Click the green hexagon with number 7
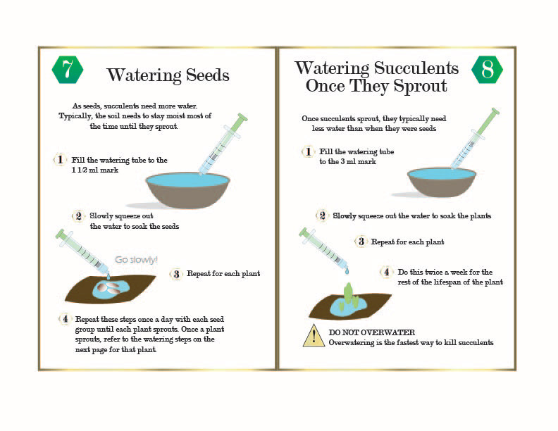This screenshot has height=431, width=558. [x=68, y=70]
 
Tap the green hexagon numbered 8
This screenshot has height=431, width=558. [x=487, y=70]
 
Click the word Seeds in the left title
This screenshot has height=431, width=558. [x=207, y=75]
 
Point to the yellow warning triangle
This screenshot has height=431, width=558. [x=314, y=335]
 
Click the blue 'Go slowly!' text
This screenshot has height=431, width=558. [x=136, y=260]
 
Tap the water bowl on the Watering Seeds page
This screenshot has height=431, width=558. [x=188, y=190]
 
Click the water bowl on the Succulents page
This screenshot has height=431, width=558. [x=442, y=182]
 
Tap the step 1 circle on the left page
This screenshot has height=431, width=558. [x=60, y=160]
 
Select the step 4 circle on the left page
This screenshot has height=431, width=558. [x=65, y=319]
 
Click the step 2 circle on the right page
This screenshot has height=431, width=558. [x=322, y=216]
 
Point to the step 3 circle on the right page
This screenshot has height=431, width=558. [x=361, y=242]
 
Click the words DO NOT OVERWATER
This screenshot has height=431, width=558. [x=371, y=332]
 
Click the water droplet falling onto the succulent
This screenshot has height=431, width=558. [x=347, y=271]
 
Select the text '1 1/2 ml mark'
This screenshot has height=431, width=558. [x=95, y=170]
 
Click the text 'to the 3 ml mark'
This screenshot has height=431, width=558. [x=347, y=161]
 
